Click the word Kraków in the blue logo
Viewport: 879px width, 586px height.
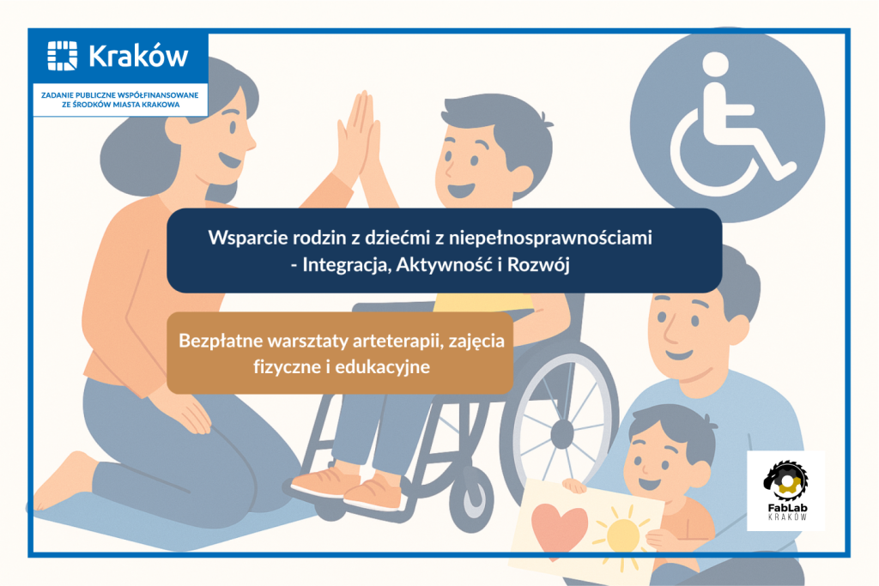138,56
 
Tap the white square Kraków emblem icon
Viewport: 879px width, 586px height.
62,56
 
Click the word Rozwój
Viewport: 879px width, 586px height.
538,264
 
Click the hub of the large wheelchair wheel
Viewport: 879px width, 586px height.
561,432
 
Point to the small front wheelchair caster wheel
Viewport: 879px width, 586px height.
470,495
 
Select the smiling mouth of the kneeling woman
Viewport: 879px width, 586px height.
230,160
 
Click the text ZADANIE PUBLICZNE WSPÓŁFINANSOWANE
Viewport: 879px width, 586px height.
120,95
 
